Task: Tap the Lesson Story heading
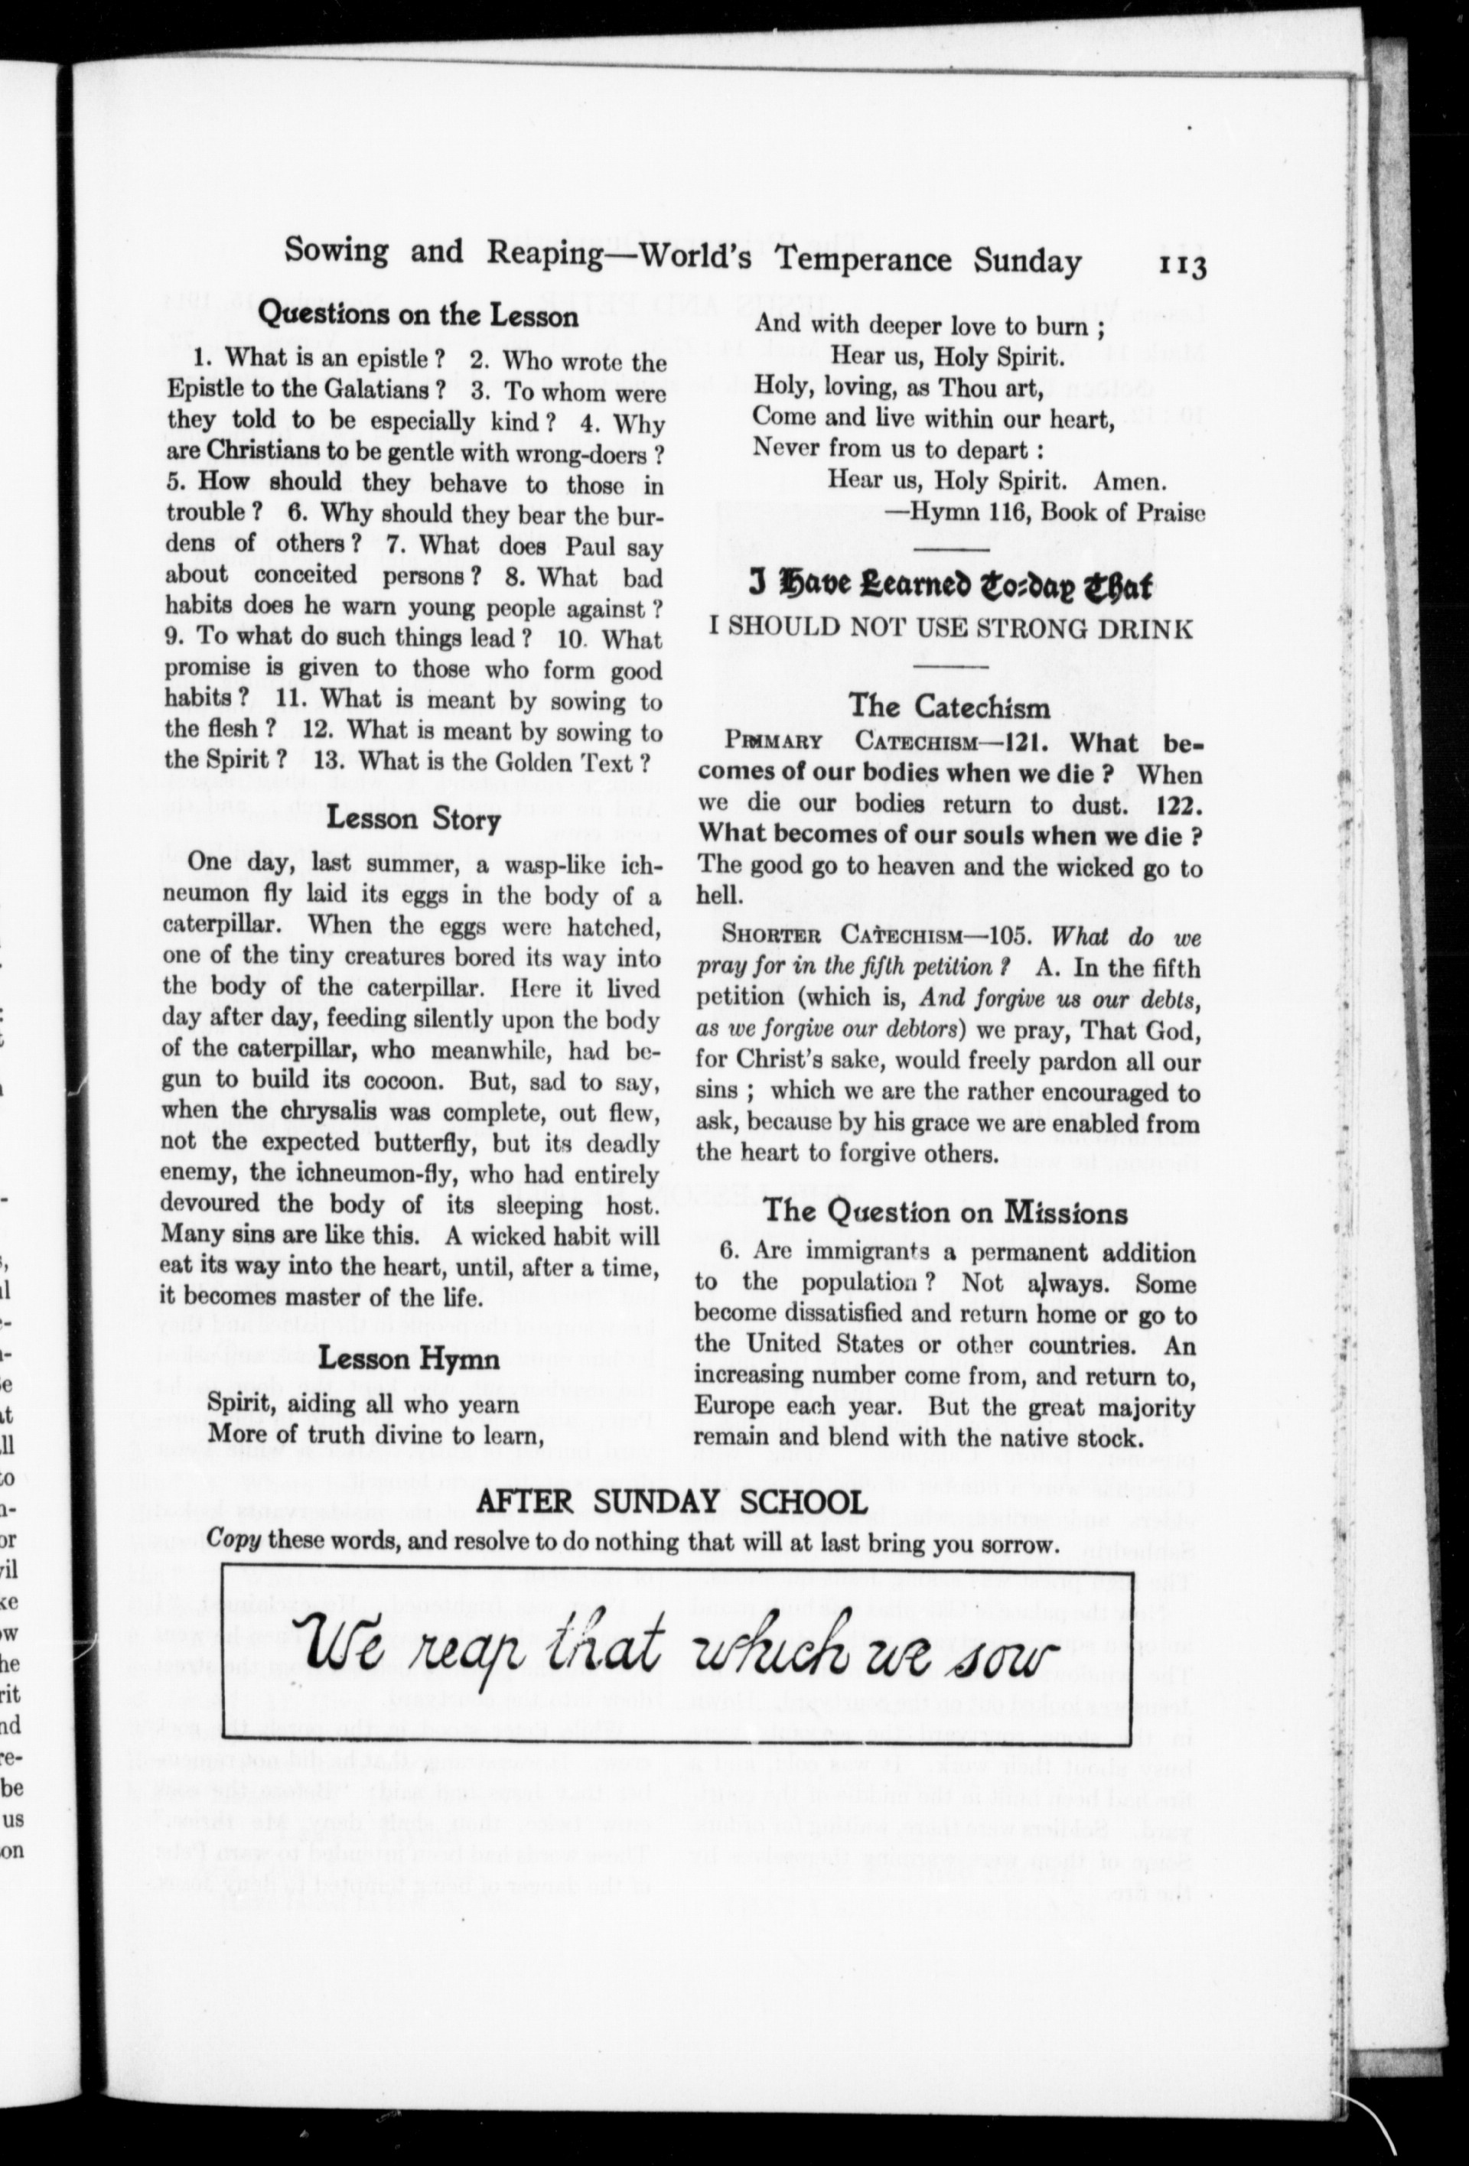click(414, 819)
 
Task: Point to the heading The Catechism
click(949, 707)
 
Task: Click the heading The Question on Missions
click(945, 1212)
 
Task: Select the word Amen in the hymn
click(1130, 481)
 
